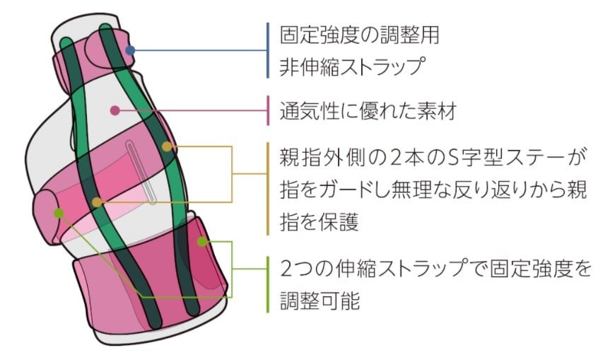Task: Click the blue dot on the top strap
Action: pos(129,50)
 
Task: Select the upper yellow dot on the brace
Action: pos(167,147)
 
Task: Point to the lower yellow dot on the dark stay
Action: pos(98,202)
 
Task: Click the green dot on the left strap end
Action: pos(59,212)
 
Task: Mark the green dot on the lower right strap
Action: pos(202,241)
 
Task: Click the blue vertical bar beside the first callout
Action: pos(268,50)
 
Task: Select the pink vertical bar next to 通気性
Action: pos(268,110)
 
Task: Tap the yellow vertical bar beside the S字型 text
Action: pos(268,189)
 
